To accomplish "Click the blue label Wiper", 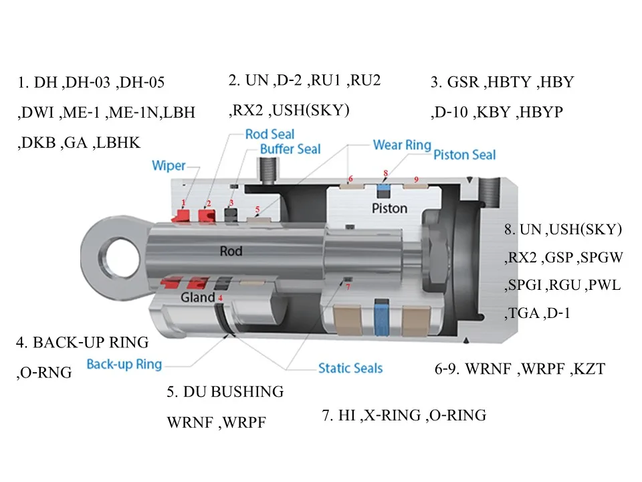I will pos(169,165).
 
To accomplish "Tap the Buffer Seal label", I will pos(290,149).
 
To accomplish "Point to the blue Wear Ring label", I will pos(402,145).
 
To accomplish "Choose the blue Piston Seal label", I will pos(465,155).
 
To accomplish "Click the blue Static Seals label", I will pos(350,368).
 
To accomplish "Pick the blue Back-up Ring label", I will pos(124,364).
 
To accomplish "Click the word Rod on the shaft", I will pos(231,251).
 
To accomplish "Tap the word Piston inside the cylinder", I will pos(389,208).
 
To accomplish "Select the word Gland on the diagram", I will pos(198,297).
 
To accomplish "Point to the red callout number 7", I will pos(348,286).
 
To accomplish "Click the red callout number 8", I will pos(385,173).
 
